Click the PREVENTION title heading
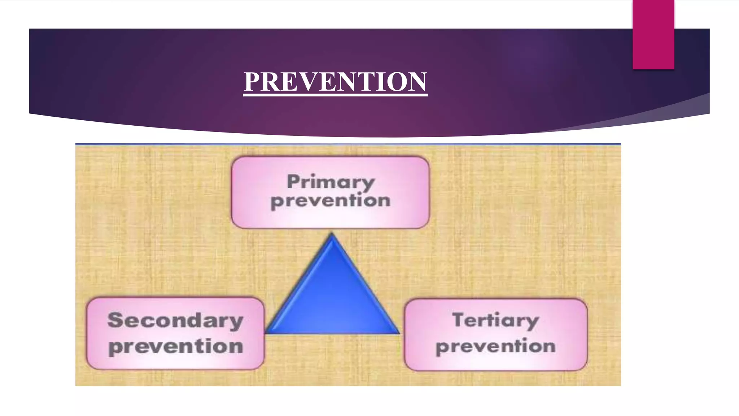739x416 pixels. point(335,81)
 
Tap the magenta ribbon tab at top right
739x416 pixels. point(653,34)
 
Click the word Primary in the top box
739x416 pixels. point(331,182)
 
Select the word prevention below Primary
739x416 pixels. point(331,201)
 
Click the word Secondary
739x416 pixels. point(175,321)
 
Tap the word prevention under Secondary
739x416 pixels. point(176,347)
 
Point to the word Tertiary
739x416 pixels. point(495,321)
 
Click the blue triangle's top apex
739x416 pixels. point(332,235)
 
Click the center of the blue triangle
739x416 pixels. point(332,300)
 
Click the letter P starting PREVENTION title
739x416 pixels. point(252,81)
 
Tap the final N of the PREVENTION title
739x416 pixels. point(418,81)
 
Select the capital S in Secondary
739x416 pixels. point(115,320)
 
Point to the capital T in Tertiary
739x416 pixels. point(460,320)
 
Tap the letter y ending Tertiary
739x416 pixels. point(531,322)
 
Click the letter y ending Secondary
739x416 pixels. point(236,322)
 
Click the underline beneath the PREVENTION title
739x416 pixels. point(335,95)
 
